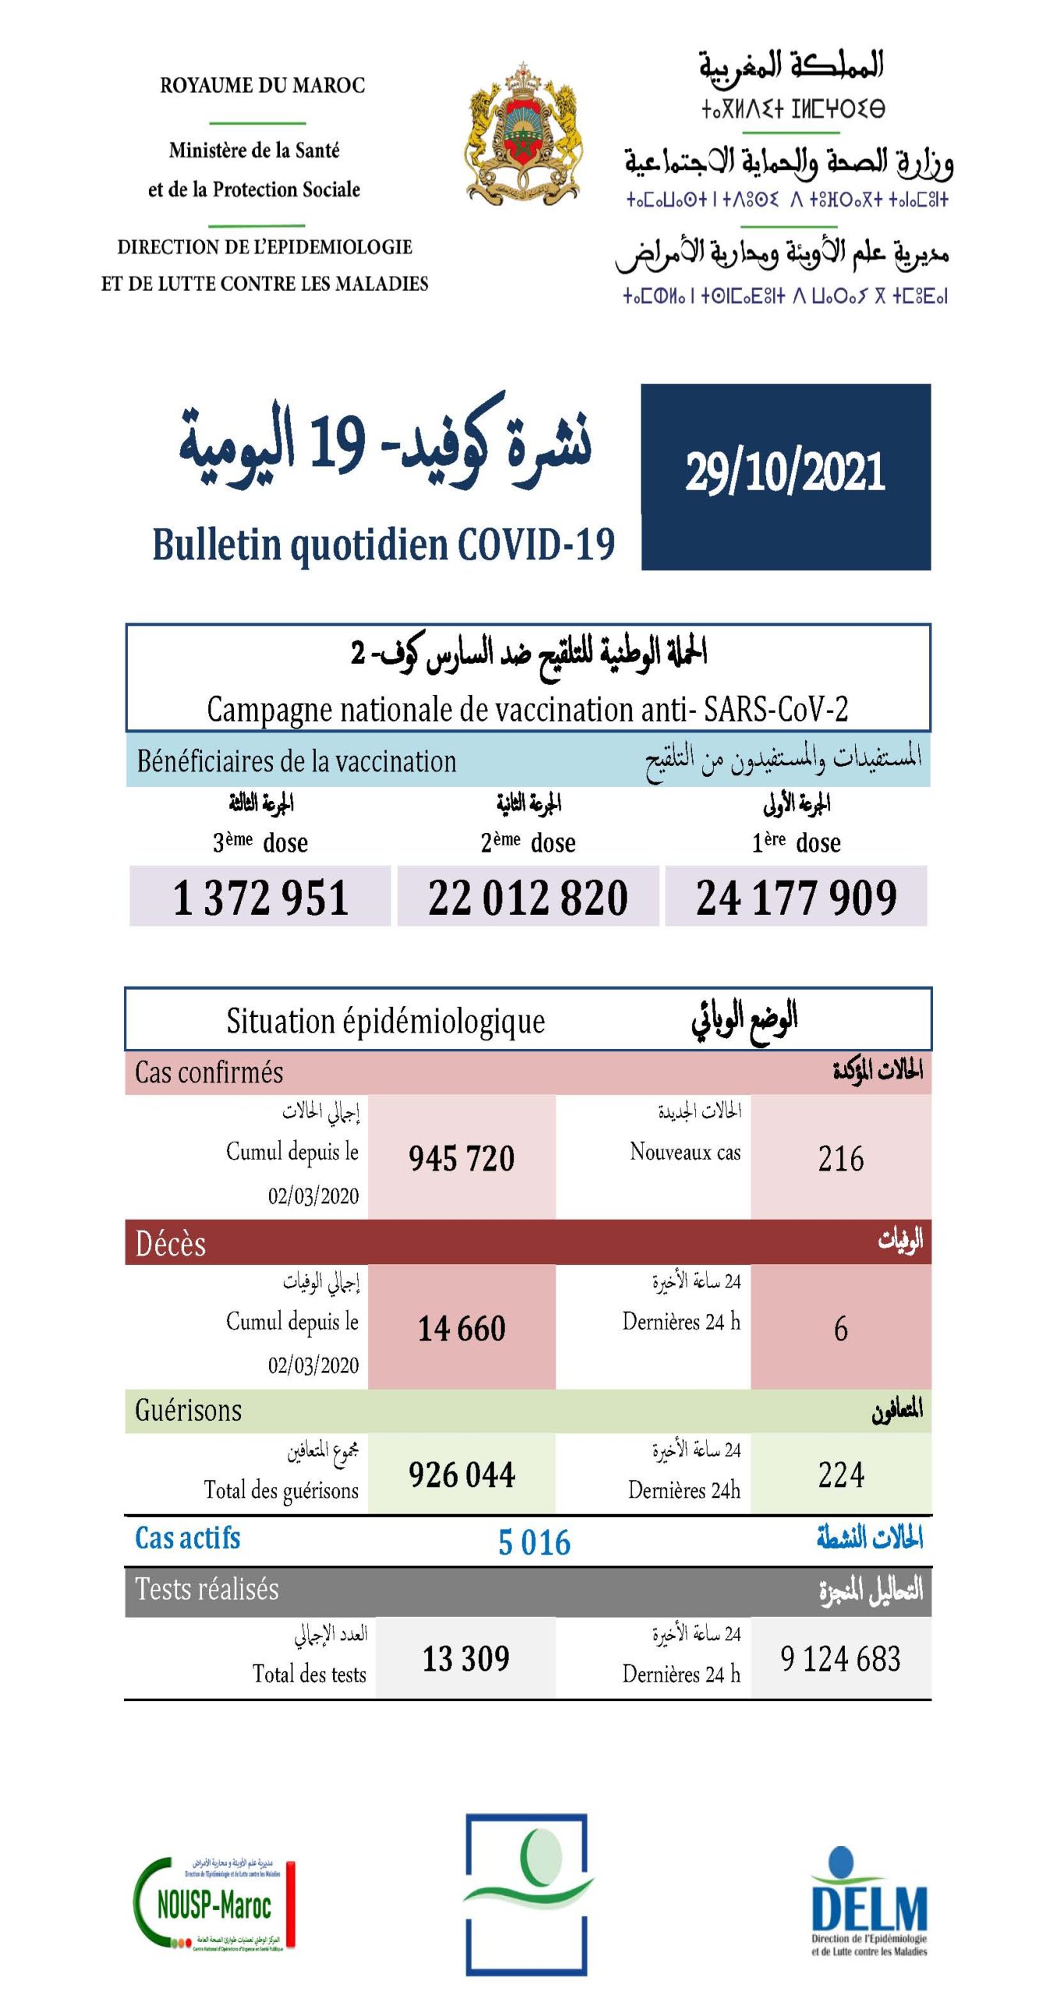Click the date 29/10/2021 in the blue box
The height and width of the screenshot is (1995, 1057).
[785, 472]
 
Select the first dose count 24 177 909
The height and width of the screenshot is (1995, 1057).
[796, 897]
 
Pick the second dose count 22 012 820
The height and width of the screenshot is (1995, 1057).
[528, 897]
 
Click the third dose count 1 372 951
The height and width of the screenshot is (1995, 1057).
[260, 897]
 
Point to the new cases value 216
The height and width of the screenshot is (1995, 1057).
[840, 1159]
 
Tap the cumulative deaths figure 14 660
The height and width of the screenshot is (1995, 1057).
[461, 1329]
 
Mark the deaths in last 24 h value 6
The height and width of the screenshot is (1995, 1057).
[840, 1329]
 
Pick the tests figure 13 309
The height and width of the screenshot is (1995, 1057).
[465, 1658]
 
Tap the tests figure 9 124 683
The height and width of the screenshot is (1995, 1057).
[840, 1658]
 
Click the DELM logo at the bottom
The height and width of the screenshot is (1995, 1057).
[869, 1905]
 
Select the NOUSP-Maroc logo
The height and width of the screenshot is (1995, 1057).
[214, 1905]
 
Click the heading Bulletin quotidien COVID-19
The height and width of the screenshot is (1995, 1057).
[383, 544]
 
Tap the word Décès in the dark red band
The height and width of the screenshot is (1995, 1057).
[171, 1244]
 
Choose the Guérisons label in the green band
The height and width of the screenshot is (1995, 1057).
[189, 1410]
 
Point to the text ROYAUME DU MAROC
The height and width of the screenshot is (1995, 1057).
[263, 85]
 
